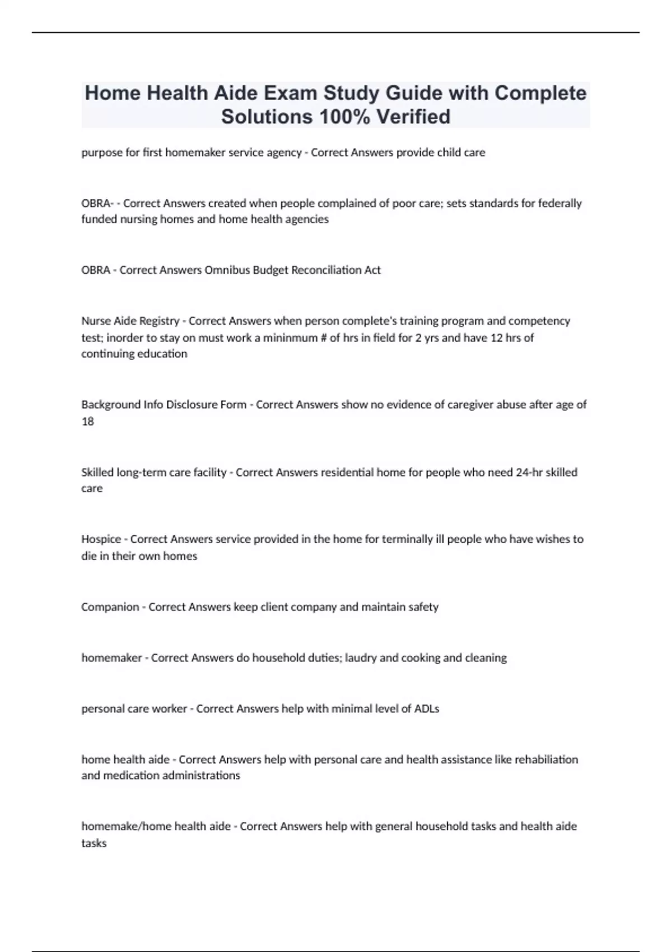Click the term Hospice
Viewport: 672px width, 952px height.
[x=101, y=539]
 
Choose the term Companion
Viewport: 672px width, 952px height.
[x=110, y=607]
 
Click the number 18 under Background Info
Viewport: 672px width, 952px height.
[x=87, y=421]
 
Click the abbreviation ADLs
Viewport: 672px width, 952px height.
[x=427, y=708]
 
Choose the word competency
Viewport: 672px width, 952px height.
[x=539, y=321]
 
